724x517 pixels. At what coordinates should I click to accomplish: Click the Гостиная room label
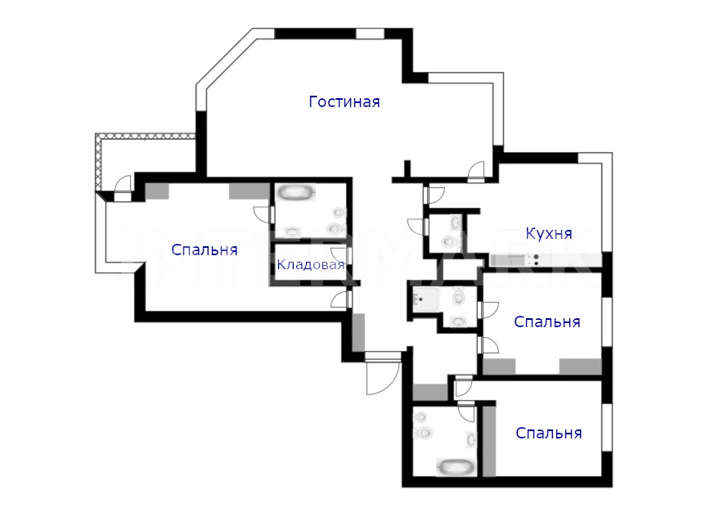(344, 101)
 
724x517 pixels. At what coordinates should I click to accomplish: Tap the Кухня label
(549, 234)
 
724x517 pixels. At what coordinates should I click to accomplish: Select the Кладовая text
(310, 264)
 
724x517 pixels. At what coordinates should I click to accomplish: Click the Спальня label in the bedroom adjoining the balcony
(204, 250)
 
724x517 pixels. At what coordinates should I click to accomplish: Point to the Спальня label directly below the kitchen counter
(546, 321)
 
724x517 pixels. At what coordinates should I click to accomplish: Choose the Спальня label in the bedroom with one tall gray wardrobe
(549, 433)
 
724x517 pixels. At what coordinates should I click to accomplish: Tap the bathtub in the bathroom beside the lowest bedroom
(456, 467)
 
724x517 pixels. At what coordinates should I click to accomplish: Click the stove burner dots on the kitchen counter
(536, 260)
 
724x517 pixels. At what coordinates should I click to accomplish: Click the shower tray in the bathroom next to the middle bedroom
(425, 299)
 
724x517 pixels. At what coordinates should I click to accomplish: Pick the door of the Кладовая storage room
(341, 257)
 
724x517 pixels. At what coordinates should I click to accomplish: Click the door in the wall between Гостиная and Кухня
(476, 171)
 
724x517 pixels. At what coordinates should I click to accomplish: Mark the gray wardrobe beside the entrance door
(358, 332)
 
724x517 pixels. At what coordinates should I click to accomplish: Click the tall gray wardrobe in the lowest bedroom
(489, 441)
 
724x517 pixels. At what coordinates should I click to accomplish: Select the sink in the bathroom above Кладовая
(292, 232)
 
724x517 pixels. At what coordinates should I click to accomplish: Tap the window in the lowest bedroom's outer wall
(607, 428)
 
